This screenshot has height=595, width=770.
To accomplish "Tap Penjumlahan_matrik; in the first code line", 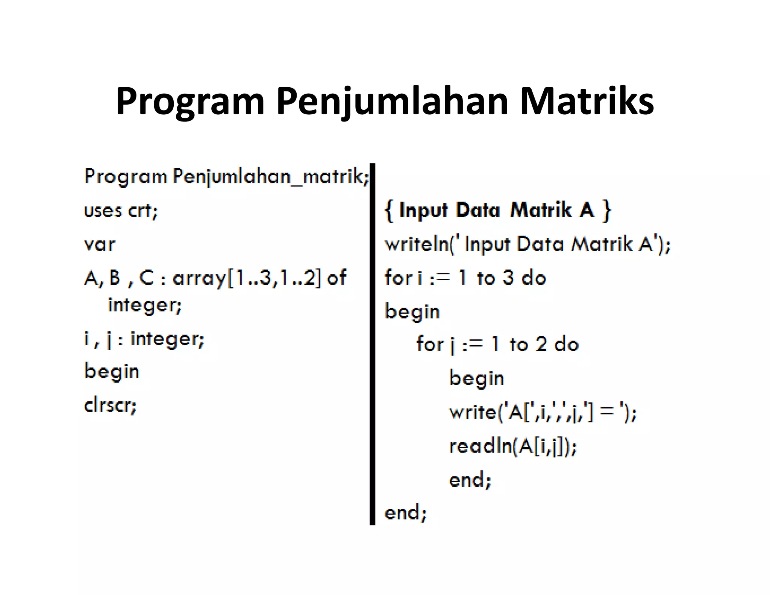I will click(271, 176).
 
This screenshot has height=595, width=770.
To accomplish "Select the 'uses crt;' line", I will click(121, 211).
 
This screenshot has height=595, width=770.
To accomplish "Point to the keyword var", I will click(100, 245).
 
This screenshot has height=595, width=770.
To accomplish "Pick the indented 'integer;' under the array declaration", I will click(145, 305).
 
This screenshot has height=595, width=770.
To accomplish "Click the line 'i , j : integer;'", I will click(144, 339).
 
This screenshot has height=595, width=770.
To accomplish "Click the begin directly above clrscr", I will click(112, 372).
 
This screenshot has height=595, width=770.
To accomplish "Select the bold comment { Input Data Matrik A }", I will click(498, 210).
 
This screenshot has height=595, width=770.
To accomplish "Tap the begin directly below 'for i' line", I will click(412, 312).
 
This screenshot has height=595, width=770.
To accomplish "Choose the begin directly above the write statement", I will click(476, 378).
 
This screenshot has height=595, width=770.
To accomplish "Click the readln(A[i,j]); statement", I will click(513, 446).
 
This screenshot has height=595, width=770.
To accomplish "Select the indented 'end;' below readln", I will click(470, 480).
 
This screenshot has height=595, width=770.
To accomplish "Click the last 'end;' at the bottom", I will click(406, 513).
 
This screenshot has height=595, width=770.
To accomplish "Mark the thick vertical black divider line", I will click(372, 344).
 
